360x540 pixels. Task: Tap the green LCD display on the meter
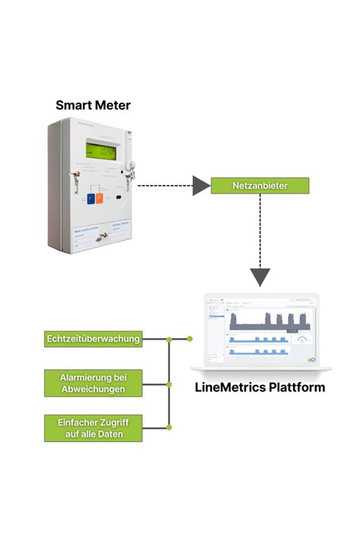[103, 153]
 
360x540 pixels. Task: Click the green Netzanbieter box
[260, 185]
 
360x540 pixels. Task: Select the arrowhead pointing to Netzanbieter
[201, 185]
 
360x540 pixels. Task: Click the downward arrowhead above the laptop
[260, 276]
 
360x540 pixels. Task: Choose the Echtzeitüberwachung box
[93, 339]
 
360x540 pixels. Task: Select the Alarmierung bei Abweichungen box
[93, 383]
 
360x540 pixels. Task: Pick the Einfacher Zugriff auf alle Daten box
[93, 428]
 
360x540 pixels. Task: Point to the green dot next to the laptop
[190, 339]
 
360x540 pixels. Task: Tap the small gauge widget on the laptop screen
[304, 339]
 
